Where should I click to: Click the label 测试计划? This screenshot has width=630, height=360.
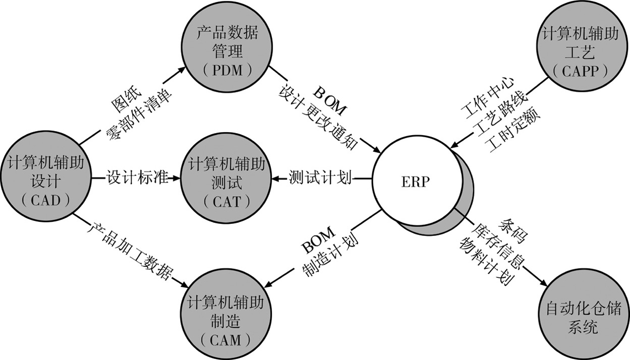[320, 178]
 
